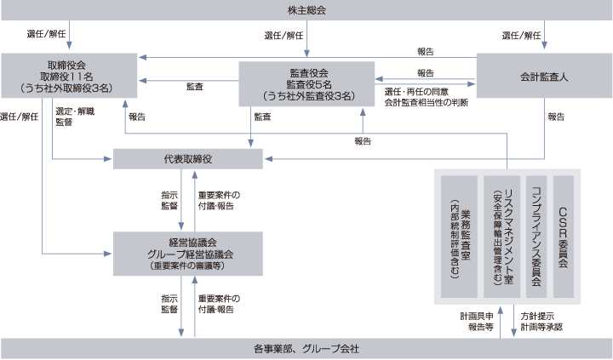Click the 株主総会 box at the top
tap(306, 10)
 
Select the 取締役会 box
tap(68, 75)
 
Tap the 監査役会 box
tap(306, 84)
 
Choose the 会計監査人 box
tap(544, 76)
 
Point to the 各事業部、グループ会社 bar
tap(306, 348)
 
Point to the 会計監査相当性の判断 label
tap(426, 102)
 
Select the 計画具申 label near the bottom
tap(476, 315)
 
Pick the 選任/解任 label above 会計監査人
tap(522, 35)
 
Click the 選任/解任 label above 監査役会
tap(286, 35)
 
